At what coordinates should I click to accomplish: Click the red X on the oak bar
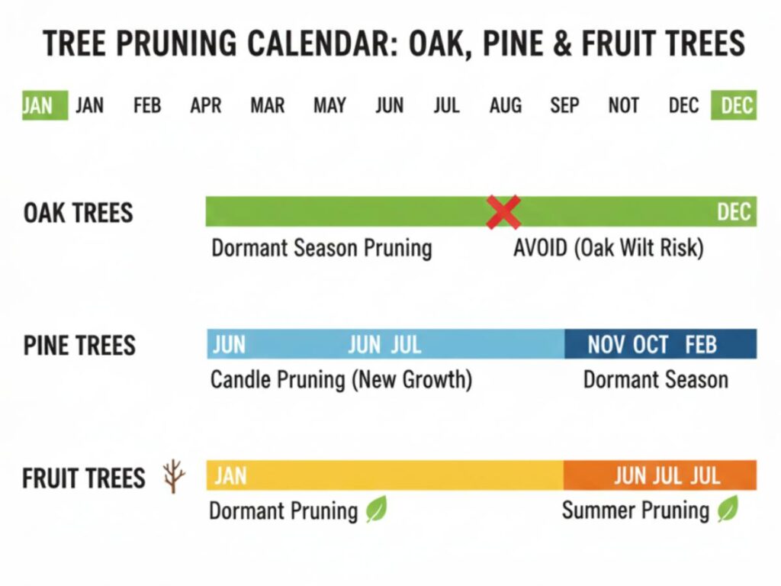click(503, 212)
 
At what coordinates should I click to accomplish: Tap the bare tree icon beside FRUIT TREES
click(174, 476)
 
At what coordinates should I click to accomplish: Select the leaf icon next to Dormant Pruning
click(377, 509)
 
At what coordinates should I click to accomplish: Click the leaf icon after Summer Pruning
click(728, 509)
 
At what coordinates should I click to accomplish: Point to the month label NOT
click(624, 105)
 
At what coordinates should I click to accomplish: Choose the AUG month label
click(506, 105)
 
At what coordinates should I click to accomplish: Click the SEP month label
click(564, 105)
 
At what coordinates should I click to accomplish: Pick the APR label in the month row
click(206, 105)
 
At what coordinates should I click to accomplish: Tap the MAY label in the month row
click(329, 105)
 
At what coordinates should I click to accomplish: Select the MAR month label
click(268, 105)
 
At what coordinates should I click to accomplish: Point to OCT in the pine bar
click(651, 344)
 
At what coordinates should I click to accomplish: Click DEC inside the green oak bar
click(734, 212)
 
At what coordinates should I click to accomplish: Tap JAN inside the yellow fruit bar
click(230, 476)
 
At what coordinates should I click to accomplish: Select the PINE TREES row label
click(79, 346)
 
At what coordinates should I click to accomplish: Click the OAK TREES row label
click(79, 213)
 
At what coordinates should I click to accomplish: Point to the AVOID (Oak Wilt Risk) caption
click(608, 248)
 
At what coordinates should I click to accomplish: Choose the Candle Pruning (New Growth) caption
click(341, 380)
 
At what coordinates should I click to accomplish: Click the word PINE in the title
click(513, 43)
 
